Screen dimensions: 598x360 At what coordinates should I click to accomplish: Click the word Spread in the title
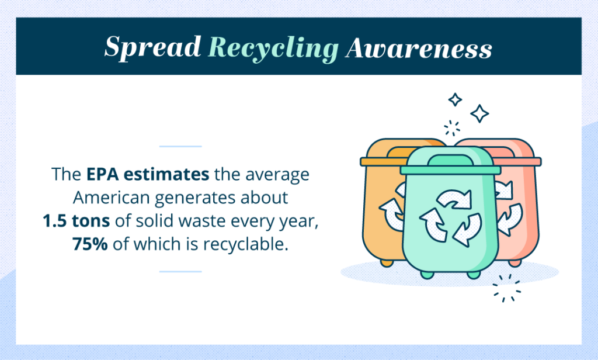(152, 47)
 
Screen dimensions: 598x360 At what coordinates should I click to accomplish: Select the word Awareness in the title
(419, 48)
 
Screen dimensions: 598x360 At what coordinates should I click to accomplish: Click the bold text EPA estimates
(148, 174)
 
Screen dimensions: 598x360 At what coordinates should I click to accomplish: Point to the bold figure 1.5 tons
(77, 221)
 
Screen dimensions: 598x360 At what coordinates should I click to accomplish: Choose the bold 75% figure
(90, 244)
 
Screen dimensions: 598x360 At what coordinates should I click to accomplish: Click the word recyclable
(245, 244)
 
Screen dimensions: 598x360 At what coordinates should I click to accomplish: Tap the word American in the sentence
(111, 198)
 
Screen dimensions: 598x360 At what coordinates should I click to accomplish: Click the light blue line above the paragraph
(180, 146)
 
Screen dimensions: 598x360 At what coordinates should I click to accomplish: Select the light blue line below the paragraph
(180, 271)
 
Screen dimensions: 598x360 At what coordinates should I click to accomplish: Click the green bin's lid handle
(450, 160)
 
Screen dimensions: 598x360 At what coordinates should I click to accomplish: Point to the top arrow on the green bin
(454, 199)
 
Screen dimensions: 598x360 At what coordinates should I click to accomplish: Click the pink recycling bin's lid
(519, 161)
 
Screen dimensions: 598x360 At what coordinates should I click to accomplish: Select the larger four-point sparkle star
(479, 113)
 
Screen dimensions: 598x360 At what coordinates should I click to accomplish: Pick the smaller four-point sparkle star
(455, 99)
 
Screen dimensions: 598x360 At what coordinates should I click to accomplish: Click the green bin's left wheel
(427, 275)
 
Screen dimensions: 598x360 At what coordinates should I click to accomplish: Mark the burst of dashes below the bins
(506, 288)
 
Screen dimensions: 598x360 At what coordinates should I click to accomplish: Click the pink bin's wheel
(515, 263)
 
